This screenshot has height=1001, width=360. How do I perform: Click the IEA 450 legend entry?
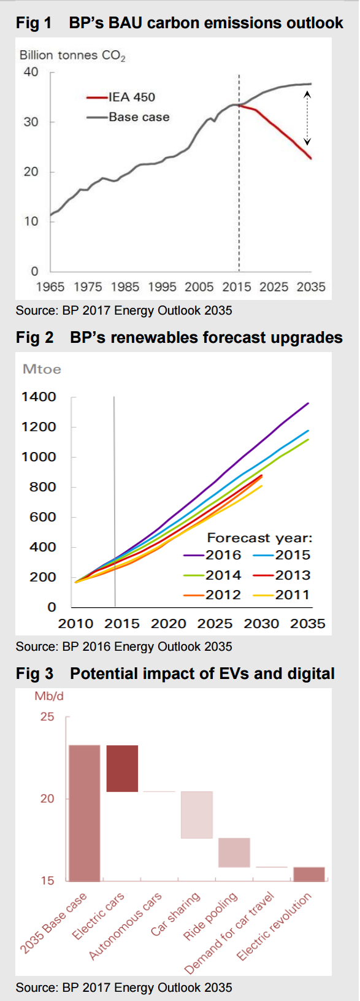(121, 97)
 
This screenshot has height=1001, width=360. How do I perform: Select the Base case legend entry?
(128, 117)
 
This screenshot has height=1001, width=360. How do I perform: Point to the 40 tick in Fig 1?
(31, 72)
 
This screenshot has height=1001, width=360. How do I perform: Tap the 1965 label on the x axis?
(50, 286)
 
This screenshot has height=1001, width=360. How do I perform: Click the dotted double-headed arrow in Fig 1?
(307, 118)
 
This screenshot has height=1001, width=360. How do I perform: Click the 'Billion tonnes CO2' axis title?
(72, 55)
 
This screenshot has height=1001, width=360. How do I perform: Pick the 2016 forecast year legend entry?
(212, 555)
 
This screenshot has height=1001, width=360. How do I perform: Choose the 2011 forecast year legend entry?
(281, 595)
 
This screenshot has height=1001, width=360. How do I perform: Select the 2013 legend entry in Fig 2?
(281, 575)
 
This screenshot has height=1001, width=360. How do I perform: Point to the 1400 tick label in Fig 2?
(39, 397)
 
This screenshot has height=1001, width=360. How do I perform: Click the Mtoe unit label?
(42, 369)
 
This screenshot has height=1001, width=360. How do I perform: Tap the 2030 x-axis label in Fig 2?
(261, 623)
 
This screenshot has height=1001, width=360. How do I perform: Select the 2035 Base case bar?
(85, 813)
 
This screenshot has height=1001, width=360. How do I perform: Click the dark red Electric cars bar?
(122, 768)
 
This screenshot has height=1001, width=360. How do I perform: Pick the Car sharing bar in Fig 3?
(196, 815)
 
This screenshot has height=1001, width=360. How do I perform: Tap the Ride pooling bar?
(234, 853)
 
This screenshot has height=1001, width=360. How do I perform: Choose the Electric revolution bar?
(309, 874)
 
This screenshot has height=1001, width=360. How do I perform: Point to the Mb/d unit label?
(49, 696)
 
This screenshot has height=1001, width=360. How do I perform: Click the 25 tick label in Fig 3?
(47, 717)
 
